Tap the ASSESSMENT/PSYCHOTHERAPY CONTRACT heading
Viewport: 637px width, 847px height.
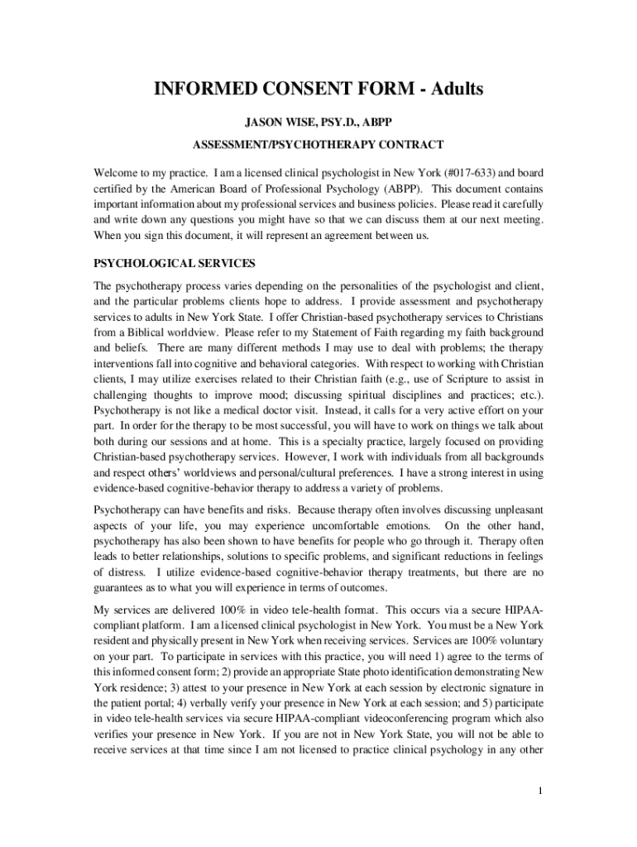(318, 146)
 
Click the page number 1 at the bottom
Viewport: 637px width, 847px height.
(539, 791)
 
